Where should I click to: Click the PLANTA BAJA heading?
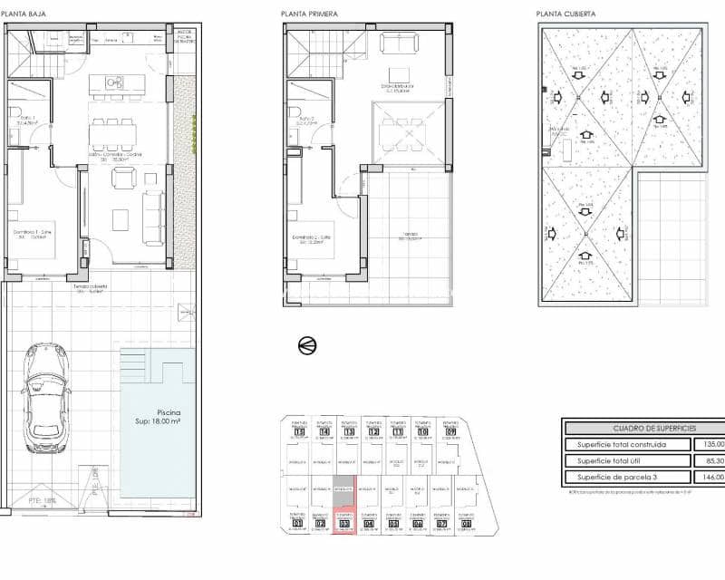(x=24, y=14)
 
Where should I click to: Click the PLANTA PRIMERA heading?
(x=306, y=14)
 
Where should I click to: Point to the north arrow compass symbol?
(x=307, y=344)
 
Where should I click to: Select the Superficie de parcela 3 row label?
(x=616, y=478)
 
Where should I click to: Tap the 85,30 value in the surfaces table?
(x=712, y=461)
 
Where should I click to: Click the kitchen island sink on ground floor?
(x=114, y=82)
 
